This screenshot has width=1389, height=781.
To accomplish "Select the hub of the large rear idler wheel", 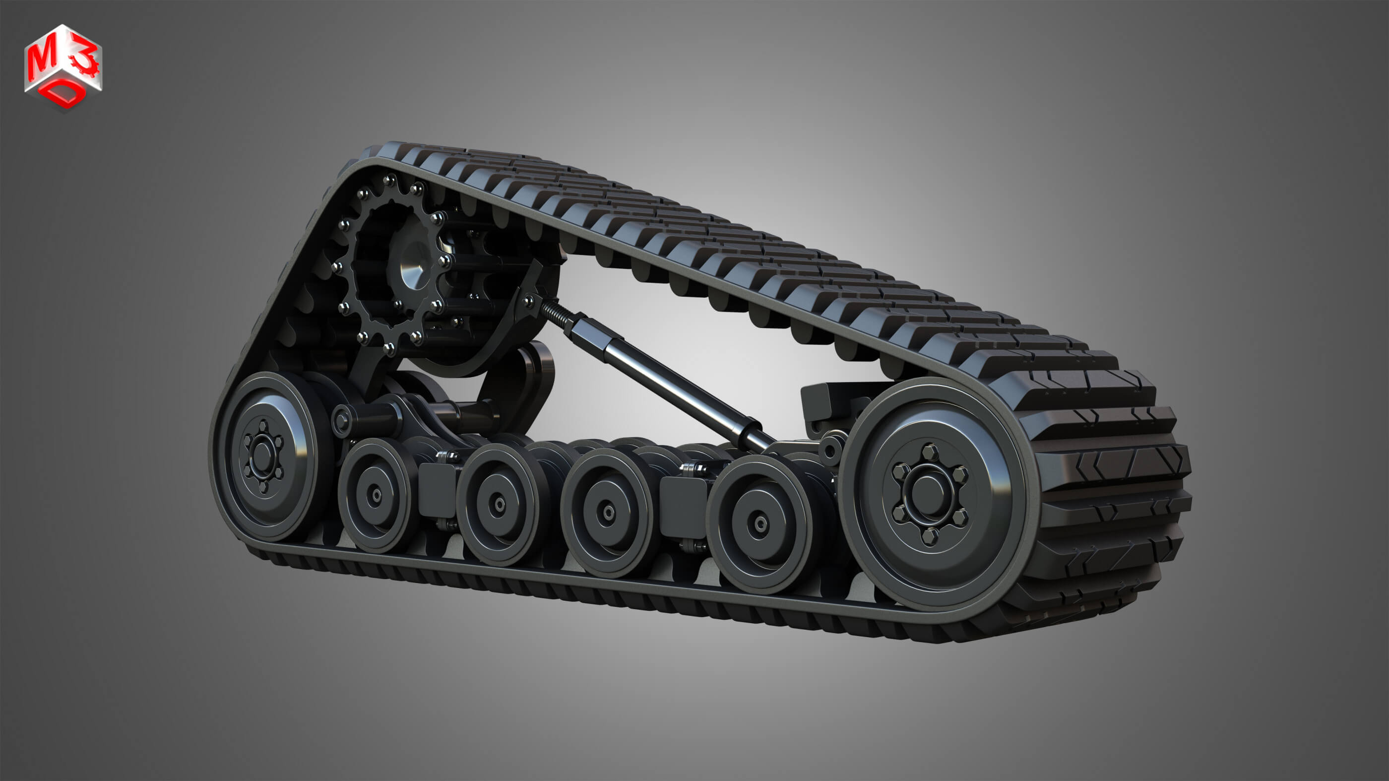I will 262,456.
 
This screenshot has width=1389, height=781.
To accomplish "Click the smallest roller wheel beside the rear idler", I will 376,495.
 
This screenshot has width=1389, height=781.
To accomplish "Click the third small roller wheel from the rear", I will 608,513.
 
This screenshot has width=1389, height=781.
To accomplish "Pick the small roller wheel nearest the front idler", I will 760,522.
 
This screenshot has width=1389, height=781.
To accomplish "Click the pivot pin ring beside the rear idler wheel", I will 341,420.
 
